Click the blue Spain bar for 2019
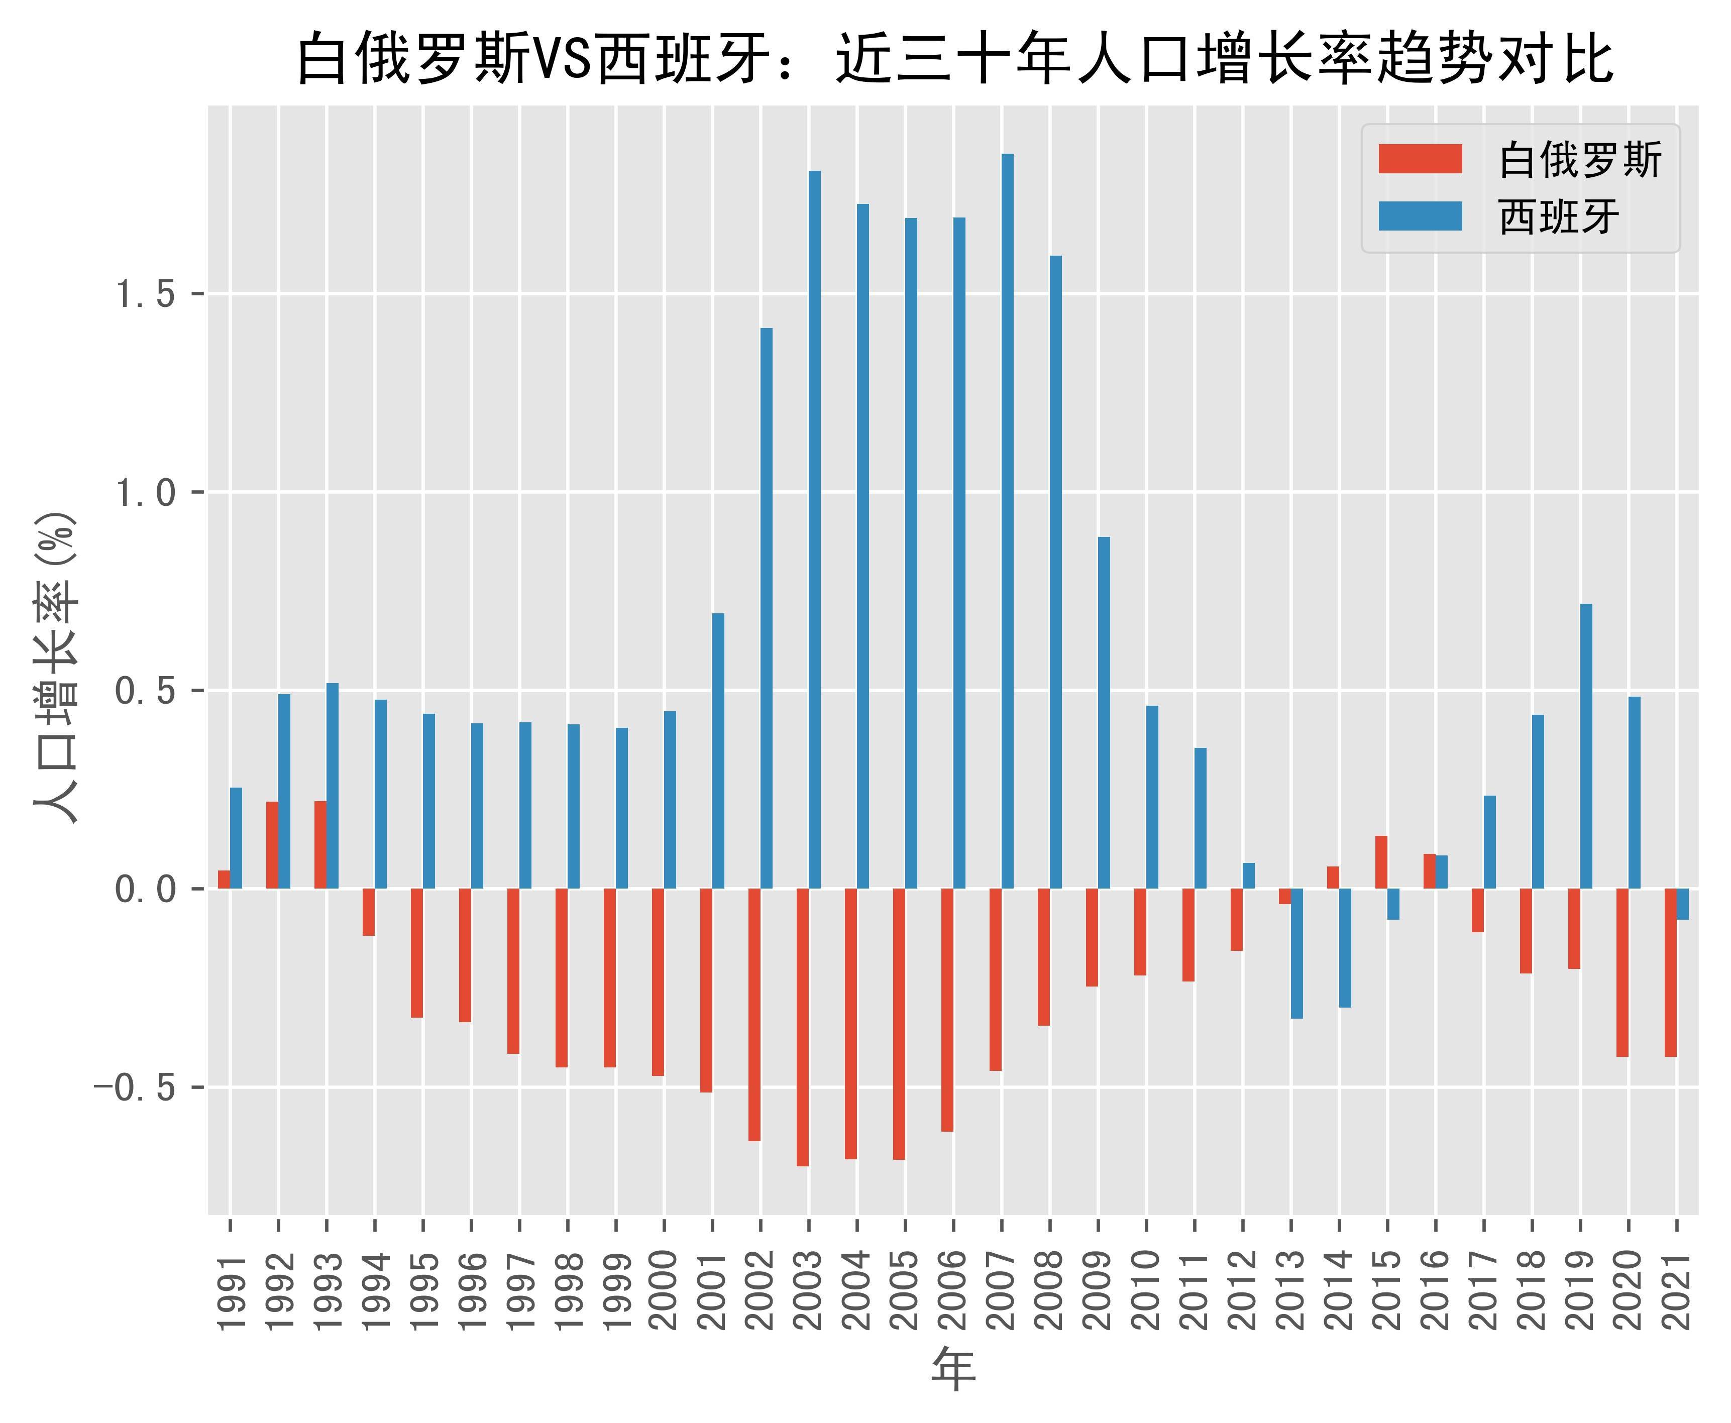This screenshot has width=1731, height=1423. click(x=1586, y=746)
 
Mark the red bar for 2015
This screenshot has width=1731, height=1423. click(x=1381, y=862)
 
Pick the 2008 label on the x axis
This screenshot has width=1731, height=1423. click(x=1050, y=1291)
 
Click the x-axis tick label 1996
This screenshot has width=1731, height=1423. click(x=471, y=1291)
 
